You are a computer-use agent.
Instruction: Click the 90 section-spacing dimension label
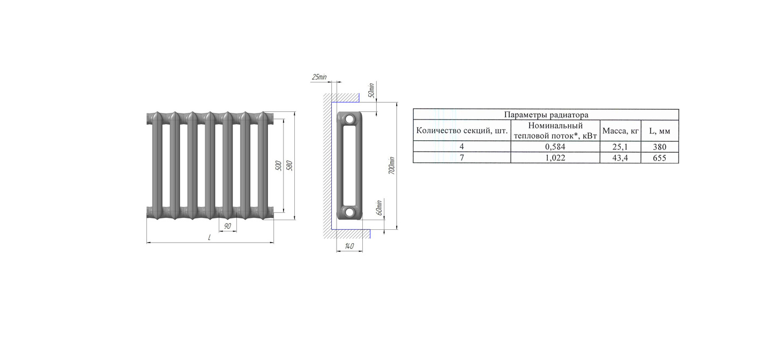click(x=227, y=226)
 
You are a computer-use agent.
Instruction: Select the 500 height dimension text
click(x=279, y=166)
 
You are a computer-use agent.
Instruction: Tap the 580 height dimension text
click(x=289, y=166)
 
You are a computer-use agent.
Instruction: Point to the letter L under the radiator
click(x=210, y=237)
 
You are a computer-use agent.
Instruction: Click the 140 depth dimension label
click(x=349, y=246)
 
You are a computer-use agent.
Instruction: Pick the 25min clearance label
click(x=319, y=77)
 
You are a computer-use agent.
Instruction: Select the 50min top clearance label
click(x=371, y=91)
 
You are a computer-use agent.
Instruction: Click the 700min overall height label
click(x=392, y=166)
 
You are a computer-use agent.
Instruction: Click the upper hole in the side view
click(x=349, y=119)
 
